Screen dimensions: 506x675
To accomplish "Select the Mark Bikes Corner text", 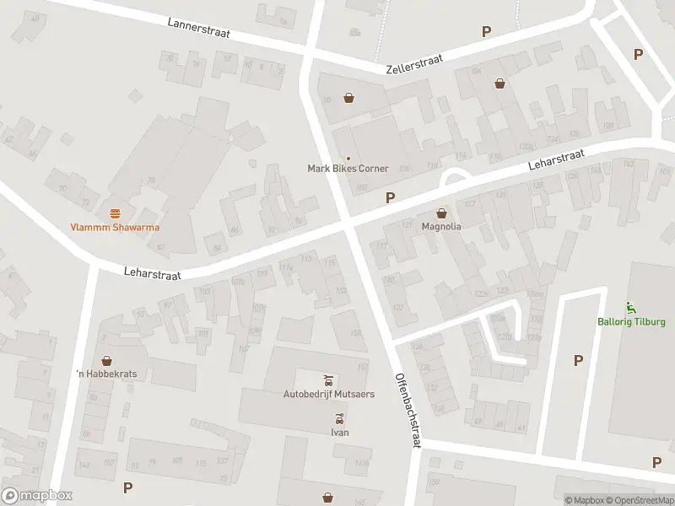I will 348,169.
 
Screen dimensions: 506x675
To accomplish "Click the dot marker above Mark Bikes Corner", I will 348,158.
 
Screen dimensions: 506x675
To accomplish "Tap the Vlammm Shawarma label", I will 115,227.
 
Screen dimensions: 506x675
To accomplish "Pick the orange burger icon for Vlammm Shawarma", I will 115,212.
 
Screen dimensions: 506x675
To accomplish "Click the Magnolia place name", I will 441,226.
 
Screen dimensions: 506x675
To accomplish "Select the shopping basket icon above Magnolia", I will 441,212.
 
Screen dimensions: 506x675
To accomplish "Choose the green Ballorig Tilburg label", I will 631,322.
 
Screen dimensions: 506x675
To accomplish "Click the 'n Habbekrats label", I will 106,374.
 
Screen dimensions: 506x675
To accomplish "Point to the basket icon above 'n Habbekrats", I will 106,360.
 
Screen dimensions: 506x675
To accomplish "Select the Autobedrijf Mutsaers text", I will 328,393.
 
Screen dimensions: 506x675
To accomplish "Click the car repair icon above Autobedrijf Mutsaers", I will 329,378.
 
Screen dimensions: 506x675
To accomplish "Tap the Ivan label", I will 339,433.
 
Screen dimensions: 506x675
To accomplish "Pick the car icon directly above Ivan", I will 339,418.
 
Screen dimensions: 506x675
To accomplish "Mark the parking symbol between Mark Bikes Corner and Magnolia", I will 390,197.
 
